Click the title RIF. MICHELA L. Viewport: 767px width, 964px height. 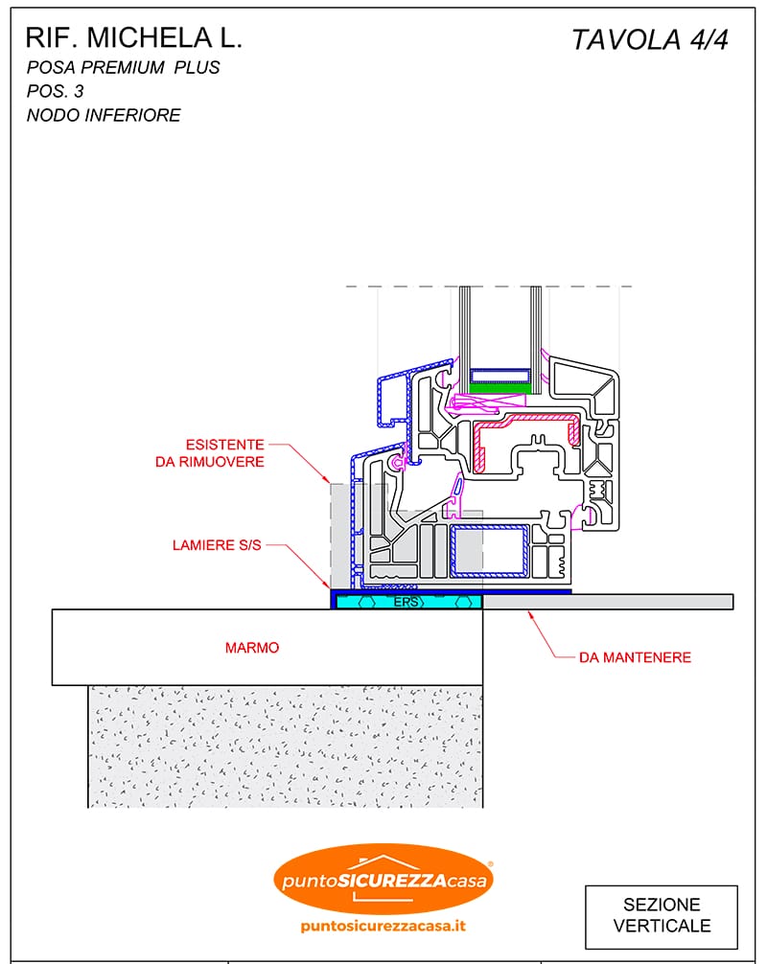click(x=133, y=38)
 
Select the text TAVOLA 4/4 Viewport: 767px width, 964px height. click(x=650, y=40)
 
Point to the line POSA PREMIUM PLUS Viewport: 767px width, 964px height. click(x=124, y=68)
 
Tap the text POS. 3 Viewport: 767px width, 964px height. click(x=55, y=92)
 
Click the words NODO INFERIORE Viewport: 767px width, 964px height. click(x=104, y=116)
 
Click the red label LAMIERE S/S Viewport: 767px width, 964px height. click(x=217, y=545)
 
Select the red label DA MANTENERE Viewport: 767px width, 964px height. click(x=635, y=657)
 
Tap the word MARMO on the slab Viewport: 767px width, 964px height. click(x=252, y=648)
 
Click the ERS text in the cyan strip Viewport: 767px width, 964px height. click(x=407, y=602)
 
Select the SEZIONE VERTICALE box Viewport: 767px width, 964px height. click(x=662, y=915)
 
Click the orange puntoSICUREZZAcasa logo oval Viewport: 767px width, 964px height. click(x=383, y=878)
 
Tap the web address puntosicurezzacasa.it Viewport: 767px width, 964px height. click(x=383, y=926)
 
